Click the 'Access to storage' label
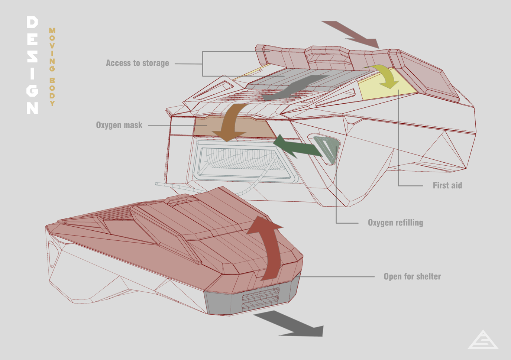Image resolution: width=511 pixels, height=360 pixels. [x=138, y=63]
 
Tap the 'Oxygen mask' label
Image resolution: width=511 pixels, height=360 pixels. [x=119, y=125]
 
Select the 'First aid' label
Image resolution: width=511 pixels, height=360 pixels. [x=447, y=185]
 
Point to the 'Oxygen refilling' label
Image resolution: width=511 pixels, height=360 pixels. [x=395, y=223]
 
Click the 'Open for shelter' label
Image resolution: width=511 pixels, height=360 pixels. [x=412, y=276]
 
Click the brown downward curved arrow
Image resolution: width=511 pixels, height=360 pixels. [x=230, y=123]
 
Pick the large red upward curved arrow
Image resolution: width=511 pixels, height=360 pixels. [x=270, y=249]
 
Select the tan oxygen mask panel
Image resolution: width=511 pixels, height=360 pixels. [x=235, y=128]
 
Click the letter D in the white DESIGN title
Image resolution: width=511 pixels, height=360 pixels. [x=32, y=22]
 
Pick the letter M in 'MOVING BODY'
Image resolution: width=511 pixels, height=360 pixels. [x=52, y=30]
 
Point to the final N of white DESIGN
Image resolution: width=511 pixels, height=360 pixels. [x=32, y=108]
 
